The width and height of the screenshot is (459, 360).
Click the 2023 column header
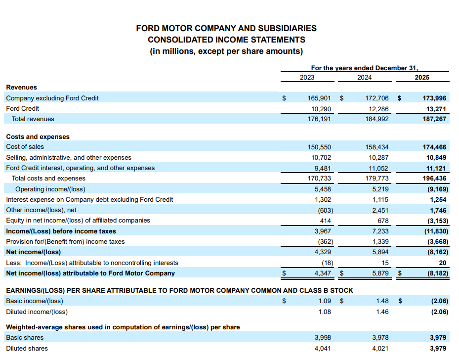point(307,77)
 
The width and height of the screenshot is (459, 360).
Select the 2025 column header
point(422,77)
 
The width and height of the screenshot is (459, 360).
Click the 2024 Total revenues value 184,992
point(376,119)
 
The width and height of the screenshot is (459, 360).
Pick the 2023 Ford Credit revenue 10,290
point(321,108)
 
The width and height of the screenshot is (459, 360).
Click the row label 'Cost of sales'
point(25,147)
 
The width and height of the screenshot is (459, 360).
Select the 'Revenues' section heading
point(21,88)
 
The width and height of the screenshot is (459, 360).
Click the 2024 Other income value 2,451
point(379,210)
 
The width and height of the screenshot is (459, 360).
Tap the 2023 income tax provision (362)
point(324,242)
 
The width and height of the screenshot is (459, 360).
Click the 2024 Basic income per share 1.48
point(382,301)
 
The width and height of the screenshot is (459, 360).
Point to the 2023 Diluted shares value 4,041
point(323,348)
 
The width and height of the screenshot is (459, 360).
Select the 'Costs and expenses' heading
point(38,137)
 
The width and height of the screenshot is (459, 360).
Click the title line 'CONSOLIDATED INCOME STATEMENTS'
point(226,40)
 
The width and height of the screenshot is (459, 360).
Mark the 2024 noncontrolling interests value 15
point(385,263)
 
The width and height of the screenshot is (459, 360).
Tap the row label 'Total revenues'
point(33,119)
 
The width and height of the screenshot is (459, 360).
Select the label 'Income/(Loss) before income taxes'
point(61,231)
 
